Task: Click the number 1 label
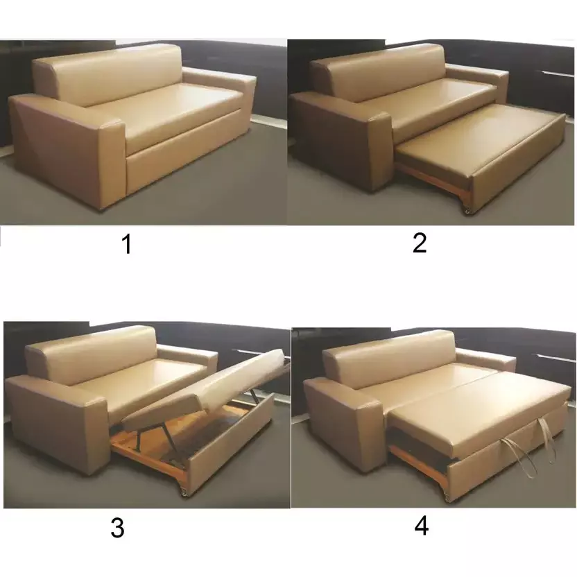pyautogui.click(x=126, y=244)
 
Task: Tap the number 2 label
pyautogui.click(x=420, y=243)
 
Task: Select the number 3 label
pyautogui.click(x=117, y=528)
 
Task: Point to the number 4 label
pyautogui.click(x=421, y=526)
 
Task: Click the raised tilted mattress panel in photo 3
pyautogui.click(x=208, y=392)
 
